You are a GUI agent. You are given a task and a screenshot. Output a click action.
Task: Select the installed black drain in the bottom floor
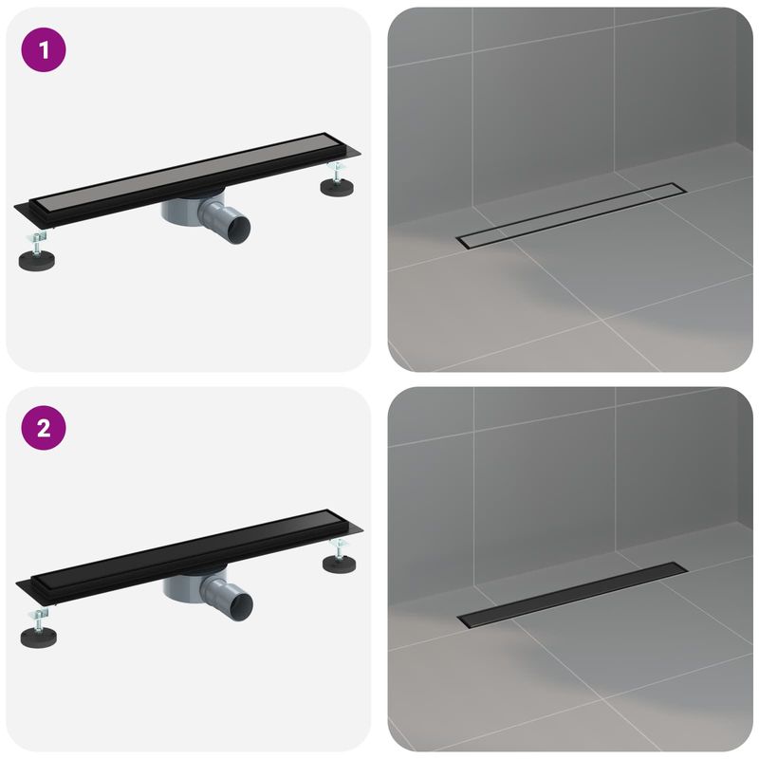coord(571,594)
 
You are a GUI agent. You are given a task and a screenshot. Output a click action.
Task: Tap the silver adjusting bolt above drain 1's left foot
coord(35,237)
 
